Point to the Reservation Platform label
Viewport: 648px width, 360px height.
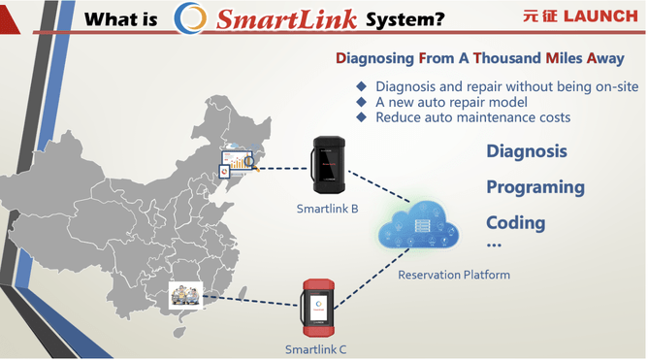pos(454,275)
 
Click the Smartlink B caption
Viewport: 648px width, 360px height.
pos(329,208)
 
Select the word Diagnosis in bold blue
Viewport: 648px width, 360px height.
pos(527,152)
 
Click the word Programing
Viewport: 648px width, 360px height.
pos(535,187)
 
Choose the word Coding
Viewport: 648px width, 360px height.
pos(516,222)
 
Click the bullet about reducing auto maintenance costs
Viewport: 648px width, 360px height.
pos(473,117)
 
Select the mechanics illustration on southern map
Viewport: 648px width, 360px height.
pos(184,293)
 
